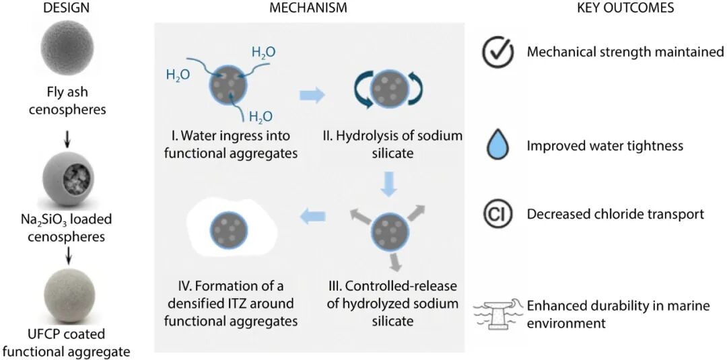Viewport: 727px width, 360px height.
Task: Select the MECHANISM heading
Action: coord(308,8)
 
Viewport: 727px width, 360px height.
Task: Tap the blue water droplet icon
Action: coord(498,145)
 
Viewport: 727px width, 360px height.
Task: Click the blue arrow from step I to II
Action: coord(311,96)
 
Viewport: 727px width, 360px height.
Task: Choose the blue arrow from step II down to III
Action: coord(386,184)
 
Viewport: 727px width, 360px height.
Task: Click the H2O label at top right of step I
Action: coord(263,52)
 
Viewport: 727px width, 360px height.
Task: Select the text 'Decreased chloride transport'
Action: coord(615,214)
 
